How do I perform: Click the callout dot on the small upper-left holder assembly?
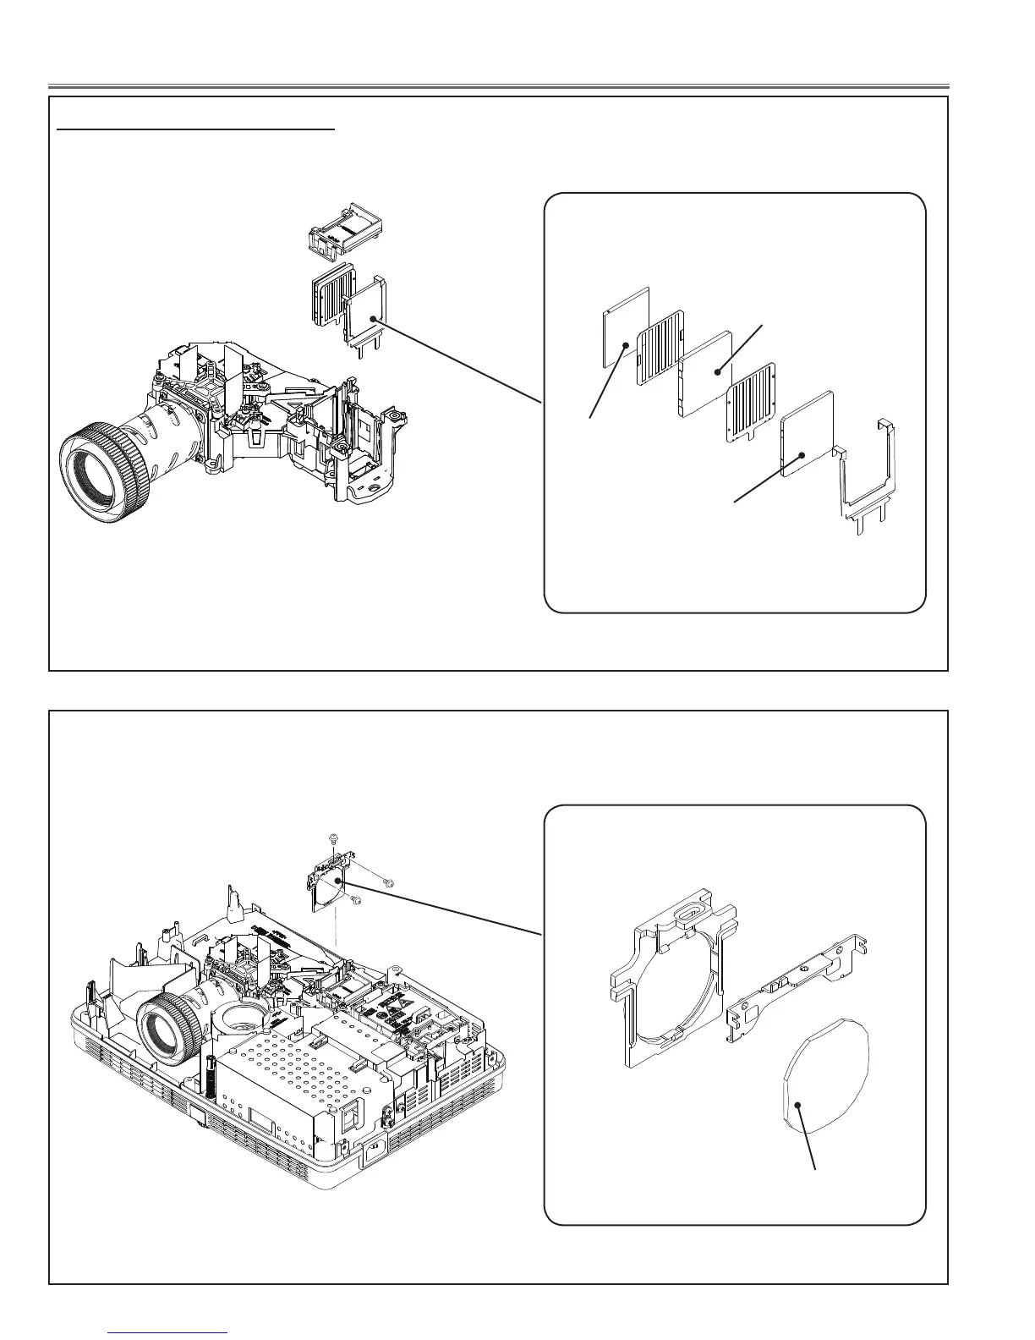(371, 318)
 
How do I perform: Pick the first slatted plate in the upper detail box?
(660, 355)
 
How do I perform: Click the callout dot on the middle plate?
(717, 370)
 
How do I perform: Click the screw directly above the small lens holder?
(331, 838)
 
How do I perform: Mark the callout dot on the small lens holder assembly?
(339, 881)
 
